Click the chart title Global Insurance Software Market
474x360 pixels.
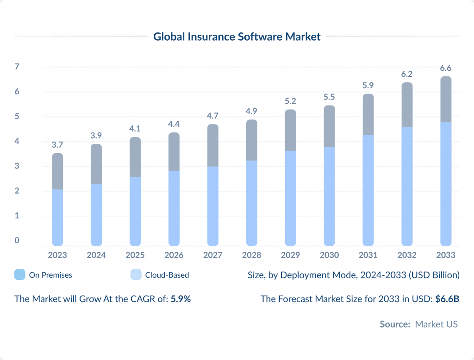coord(237,37)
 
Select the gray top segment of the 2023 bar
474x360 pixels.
coord(57,171)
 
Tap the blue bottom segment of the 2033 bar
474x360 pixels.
coord(446,185)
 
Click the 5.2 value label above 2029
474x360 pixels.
coord(290,101)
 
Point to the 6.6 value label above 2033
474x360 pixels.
coord(446,68)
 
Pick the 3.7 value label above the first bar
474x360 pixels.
coord(57,145)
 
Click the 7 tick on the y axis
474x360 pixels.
coord(17,67)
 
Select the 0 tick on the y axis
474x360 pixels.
coord(17,240)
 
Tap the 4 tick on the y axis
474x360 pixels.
coord(17,141)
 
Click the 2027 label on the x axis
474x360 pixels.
coord(212,255)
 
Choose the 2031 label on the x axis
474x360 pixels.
coord(368,255)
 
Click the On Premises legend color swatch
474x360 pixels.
coord(20,275)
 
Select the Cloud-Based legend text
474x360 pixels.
coord(167,275)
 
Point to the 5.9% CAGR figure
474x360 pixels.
coord(181,299)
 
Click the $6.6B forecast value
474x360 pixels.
coord(447,299)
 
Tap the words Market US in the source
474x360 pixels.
coord(436,324)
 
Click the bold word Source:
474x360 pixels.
coord(395,324)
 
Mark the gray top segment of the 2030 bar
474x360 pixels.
coord(329,126)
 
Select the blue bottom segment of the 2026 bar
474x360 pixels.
coord(174,208)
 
